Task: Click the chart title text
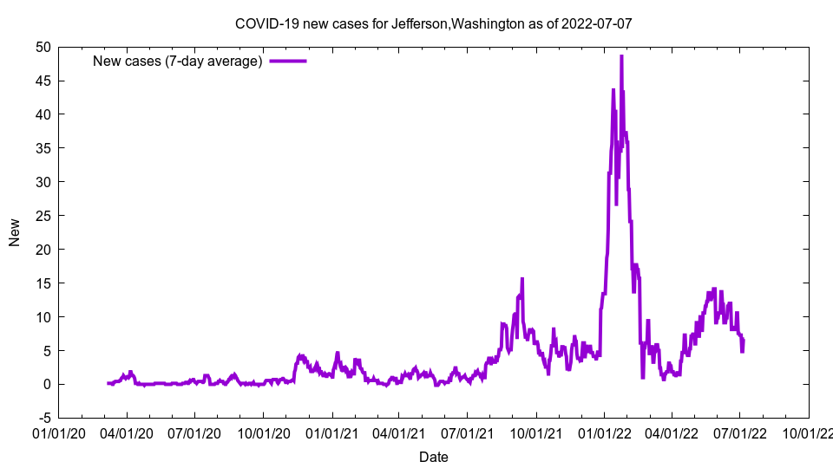tap(433, 23)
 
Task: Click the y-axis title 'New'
tap(15, 231)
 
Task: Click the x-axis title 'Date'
tap(433, 457)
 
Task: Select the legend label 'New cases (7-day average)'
tap(178, 61)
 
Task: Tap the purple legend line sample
tap(288, 61)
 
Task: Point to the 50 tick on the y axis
tap(43, 47)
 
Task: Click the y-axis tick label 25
tap(43, 216)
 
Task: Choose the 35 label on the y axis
tap(43, 148)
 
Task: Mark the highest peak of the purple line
tap(621, 56)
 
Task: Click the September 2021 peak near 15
tap(522, 279)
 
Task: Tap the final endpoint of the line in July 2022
tap(744, 339)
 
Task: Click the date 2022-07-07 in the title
tap(598, 23)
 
